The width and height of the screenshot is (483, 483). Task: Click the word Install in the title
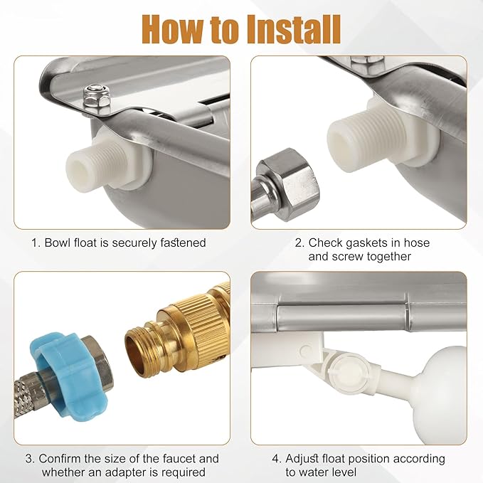(294, 29)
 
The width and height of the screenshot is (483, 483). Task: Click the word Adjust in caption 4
(302, 459)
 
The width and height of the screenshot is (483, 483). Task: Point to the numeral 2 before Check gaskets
(298, 243)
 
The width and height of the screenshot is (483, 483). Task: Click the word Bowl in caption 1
(58, 243)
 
